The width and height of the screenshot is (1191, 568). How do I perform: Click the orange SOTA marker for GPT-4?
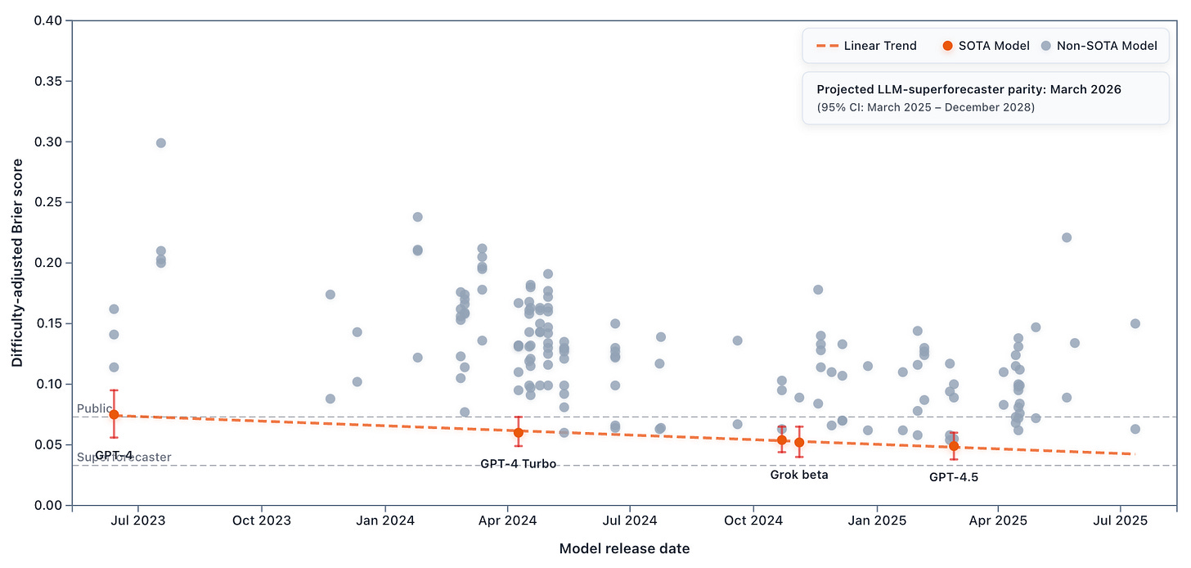[x=114, y=414]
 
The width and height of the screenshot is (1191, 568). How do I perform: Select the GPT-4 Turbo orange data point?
[x=518, y=432]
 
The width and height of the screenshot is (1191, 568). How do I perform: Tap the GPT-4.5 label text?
[x=953, y=477]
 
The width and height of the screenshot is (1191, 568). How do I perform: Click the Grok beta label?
[x=798, y=474]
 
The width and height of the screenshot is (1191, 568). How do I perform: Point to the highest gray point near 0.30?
[x=161, y=142]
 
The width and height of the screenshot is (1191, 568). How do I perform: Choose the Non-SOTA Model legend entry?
[x=1099, y=45]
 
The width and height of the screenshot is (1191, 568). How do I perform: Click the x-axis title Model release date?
[x=624, y=548]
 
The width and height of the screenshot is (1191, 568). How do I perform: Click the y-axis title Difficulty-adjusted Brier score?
[x=17, y=262]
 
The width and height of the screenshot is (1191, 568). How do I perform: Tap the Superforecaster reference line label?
[x=124, y=457]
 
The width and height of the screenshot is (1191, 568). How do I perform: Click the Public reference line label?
[x=93, y=408]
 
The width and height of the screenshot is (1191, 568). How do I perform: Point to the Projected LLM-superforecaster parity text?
[x=969, y=89]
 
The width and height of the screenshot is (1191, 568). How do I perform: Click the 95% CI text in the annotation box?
[x=925, y=107]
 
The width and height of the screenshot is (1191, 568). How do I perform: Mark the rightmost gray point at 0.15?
[x=1135, y=323]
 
